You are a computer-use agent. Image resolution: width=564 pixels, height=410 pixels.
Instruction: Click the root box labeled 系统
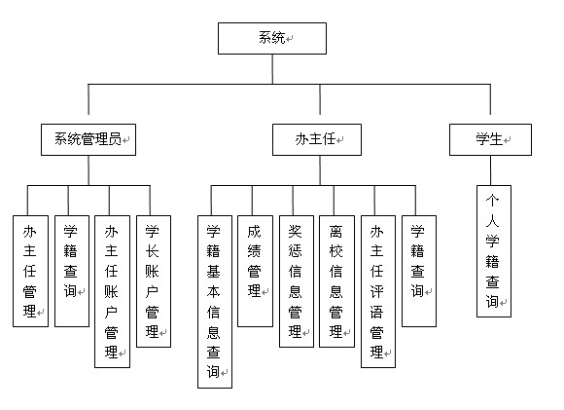[x=272, y=39]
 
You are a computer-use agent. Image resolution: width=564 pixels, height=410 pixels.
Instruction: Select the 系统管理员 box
[x=88, y=140]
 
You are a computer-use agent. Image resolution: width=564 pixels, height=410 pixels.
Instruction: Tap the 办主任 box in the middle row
[x=317, y=140]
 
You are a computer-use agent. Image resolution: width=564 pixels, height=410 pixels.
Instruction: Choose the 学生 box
[x=490, y=140]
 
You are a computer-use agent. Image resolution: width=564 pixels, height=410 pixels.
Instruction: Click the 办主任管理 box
[x=30, y=272]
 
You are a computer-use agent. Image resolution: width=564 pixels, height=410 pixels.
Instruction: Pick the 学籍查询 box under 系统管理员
[x=72, y=272]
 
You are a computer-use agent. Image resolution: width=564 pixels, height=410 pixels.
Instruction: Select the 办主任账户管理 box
[x=112, y=291]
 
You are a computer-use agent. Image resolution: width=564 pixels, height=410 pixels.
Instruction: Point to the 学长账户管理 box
[x=154, y=281]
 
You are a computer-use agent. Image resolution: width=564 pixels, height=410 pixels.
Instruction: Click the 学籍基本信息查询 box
[x=215, y=302]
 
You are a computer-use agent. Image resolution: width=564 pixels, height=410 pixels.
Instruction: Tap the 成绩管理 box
[x=256, y=272]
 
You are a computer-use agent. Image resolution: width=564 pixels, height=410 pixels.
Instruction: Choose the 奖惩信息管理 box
[x=297, y=281]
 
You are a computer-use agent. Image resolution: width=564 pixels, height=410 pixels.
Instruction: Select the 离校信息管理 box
[x=337, y=281]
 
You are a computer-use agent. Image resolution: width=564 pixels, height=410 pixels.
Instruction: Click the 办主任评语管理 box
[x=378, y=291]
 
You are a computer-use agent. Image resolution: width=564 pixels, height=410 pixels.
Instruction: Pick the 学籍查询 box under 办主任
[x=419, y=272]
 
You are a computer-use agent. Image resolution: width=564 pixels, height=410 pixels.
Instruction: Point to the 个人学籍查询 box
[x=494, y=251]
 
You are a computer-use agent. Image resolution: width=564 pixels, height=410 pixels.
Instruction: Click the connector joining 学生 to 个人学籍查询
[x=490, y=170]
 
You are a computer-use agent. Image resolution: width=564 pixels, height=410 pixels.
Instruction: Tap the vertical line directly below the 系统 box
[x=272, y=69]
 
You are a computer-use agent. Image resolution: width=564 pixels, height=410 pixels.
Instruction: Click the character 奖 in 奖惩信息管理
[x=295, y=231]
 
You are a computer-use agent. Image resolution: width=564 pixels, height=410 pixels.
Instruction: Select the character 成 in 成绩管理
[x=254, y=231]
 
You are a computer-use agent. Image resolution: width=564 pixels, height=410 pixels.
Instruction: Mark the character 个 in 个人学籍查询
[x=492, y=201]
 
